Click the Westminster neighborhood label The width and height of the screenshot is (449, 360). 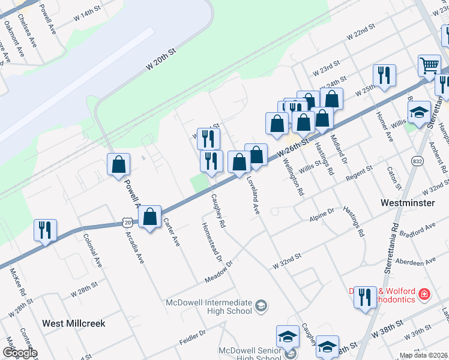click(408, 203)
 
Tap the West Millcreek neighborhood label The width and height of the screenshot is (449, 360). click(73, 323)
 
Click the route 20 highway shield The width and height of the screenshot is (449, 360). click(127, 222)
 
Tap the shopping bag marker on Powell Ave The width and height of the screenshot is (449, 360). click(119, 164)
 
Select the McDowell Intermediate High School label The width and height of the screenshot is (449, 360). click(214, 306)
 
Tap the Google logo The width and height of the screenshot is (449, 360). click(19, 353)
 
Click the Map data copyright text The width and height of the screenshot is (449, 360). click(423, 355)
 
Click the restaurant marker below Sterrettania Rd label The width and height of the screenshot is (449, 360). click(364, 298)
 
